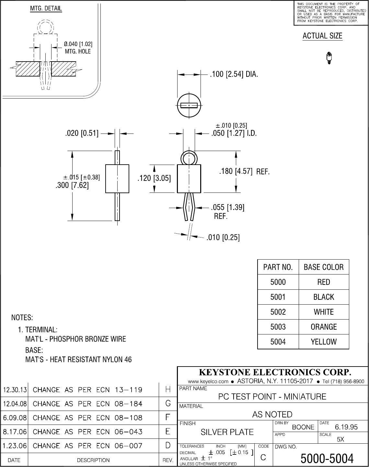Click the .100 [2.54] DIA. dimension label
click(234, 75)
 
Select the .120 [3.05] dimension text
click(154, 178)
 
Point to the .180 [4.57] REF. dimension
click(244, 171)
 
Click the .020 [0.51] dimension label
click(82, 133)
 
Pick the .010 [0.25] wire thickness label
click(223, 238)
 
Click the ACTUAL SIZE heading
click(322, 36)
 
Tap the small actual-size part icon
click(329, 58)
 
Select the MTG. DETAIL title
click(46, 9)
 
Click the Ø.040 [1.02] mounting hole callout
click(78, 47)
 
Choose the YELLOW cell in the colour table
click(324, 342)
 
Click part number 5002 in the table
click(278, 312)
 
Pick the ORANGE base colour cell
click(324, 327)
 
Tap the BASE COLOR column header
click(324, 267)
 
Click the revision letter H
click(168, 390)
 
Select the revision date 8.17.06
click(14, 432)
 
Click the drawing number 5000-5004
click(327, 458)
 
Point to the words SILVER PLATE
click(227, 432)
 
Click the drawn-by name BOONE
click(303, 427)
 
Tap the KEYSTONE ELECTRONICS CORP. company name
click(275, 372)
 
